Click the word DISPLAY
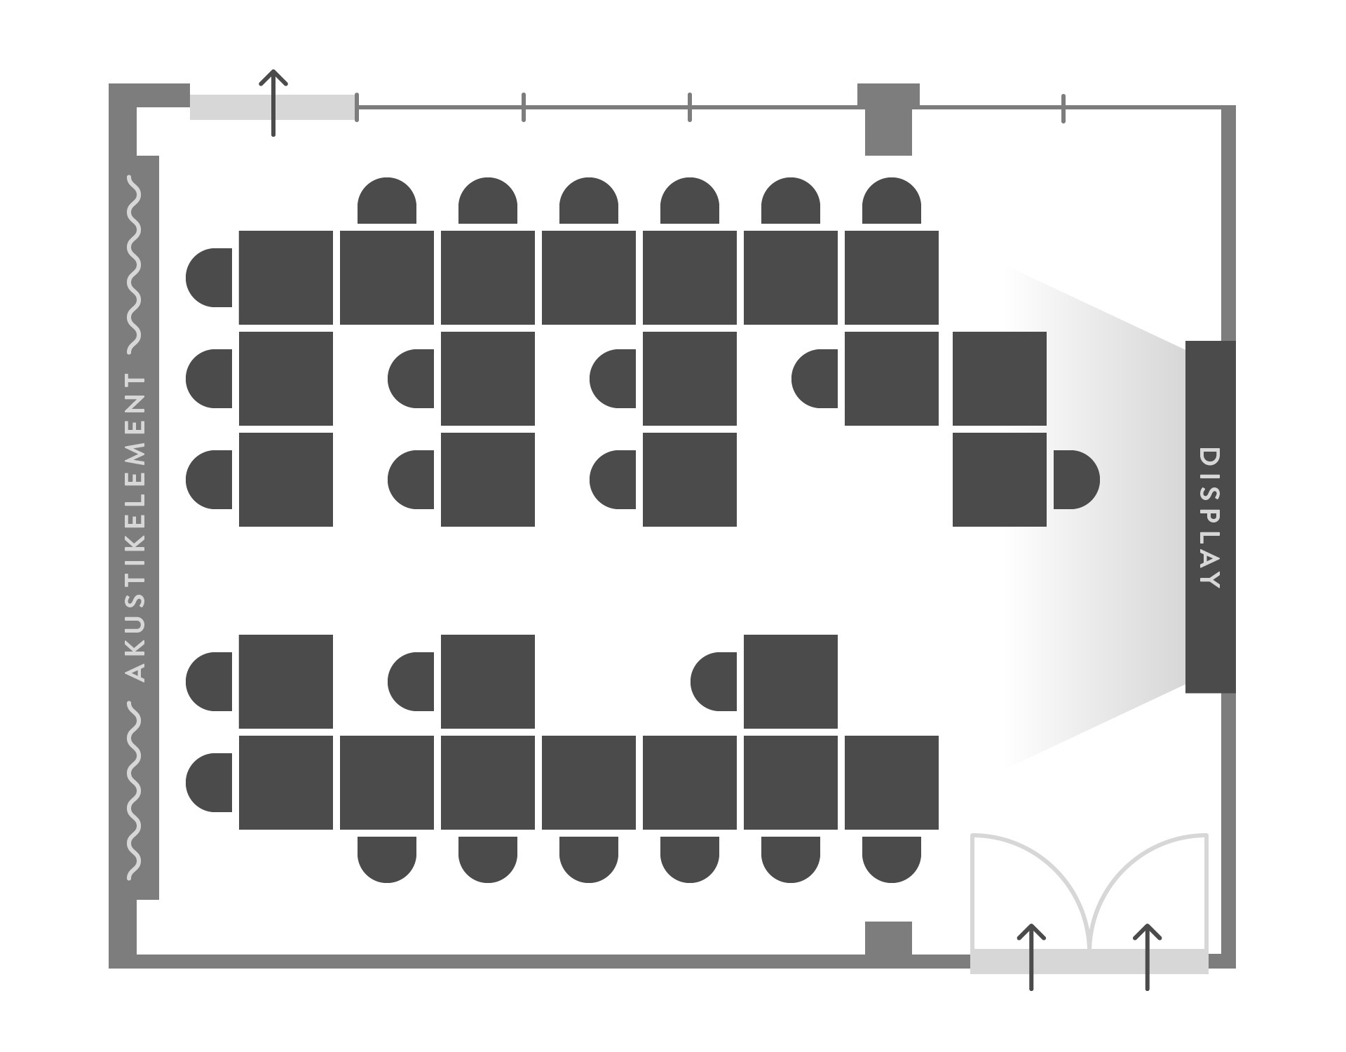click(1211, 518)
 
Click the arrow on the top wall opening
click(273, 102)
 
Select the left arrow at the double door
click(1031, 957)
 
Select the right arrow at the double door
click(1147, 957)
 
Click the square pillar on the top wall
click(888, 119)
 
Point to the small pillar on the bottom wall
click(888, 939)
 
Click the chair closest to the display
click(1076, 480)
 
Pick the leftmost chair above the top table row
click(387, 201)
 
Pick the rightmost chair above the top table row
click(892, 201)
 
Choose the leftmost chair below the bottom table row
click(387, 860)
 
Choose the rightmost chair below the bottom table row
click(892, 860)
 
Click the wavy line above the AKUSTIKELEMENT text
click(133, 264)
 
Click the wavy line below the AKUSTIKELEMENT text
click(133, 790)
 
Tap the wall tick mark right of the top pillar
click(1063, 108)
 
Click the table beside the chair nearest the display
click(1000, 480)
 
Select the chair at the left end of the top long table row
click(209, 278)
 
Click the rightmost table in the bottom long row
click(892, 783)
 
